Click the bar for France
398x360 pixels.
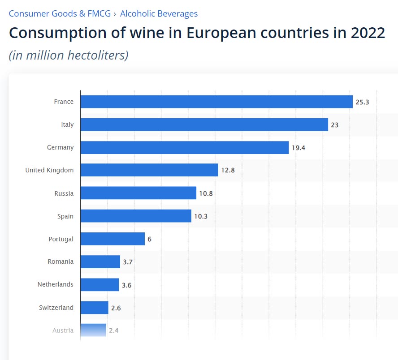point(216,102)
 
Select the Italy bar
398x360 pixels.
point(204,124)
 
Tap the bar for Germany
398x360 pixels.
point(185,147)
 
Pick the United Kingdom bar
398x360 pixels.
point(149,170)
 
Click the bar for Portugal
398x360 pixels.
point(112,239)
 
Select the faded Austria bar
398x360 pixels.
point(93,330)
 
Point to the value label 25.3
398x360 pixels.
point(362,102)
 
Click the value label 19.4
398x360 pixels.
point(298,148)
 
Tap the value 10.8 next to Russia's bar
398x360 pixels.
point(206,193)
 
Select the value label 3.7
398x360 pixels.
point(128,262)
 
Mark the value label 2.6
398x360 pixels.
point(116,308)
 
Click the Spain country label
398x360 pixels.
point(65,216)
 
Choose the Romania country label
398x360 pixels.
point(61,261)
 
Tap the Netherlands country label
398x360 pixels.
point(56,284)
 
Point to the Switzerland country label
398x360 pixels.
point(56,308)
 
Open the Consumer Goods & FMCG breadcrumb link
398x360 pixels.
point(60,13)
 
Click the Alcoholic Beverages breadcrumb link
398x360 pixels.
point(159,13)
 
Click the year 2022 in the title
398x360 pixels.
point(361,34)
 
